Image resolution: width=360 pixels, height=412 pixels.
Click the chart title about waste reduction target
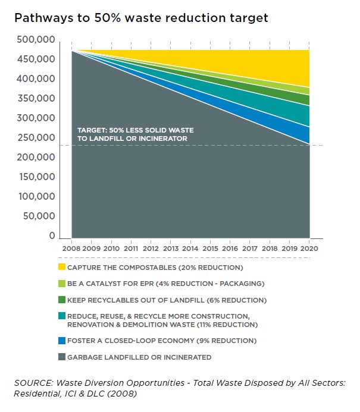pos(141,18)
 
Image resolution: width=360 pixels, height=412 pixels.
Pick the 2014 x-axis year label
pos(190,247)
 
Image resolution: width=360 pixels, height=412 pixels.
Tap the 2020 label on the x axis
pos(309,247)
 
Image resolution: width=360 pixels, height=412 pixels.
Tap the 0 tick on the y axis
pos(52,236)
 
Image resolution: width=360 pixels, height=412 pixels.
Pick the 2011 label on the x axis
pos(131,247)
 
